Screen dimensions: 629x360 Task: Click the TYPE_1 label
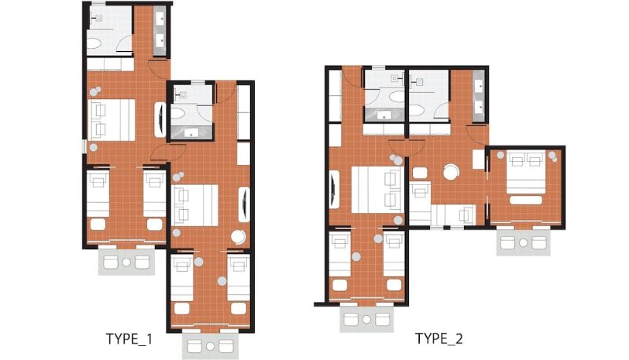click(x=129, y=339)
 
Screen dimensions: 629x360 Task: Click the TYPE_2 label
click(x=439, y=339)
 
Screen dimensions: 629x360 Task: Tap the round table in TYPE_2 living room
click(x=451, y=172)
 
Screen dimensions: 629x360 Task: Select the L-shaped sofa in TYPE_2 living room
click(x=441, y=204)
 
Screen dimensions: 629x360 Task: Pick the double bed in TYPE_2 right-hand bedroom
click(x=525, y=171)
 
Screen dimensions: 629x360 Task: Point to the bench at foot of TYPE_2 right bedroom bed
click(x=526, y=200)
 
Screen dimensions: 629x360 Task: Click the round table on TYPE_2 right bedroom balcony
click(x=523, y=243)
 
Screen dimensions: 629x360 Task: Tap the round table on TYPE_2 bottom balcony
click(x=366, y=319)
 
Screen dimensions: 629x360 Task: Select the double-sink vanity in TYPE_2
click(x=478, y=96)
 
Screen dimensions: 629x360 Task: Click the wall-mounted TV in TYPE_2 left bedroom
click(x=333, y=189)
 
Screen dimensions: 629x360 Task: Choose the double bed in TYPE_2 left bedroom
click(x=377, y=190)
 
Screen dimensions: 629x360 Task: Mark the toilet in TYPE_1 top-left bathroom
click(x=95, y=44)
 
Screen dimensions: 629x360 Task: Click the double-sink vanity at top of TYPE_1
click(x=160, y=30)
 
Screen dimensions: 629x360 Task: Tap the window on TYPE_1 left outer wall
click(x=84, y=146)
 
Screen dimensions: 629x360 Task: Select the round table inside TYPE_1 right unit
click(x=239, y=237)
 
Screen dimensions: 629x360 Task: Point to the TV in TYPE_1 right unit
click(x=244, y=204)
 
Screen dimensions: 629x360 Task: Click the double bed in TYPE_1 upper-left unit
click(x=112, y=119)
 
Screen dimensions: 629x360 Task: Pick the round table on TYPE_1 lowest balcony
click(x=211, y=346)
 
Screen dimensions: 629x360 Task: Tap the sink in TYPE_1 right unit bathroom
click(x=191, y=131)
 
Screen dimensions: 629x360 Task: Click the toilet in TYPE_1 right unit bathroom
click(x=177, y=113)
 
